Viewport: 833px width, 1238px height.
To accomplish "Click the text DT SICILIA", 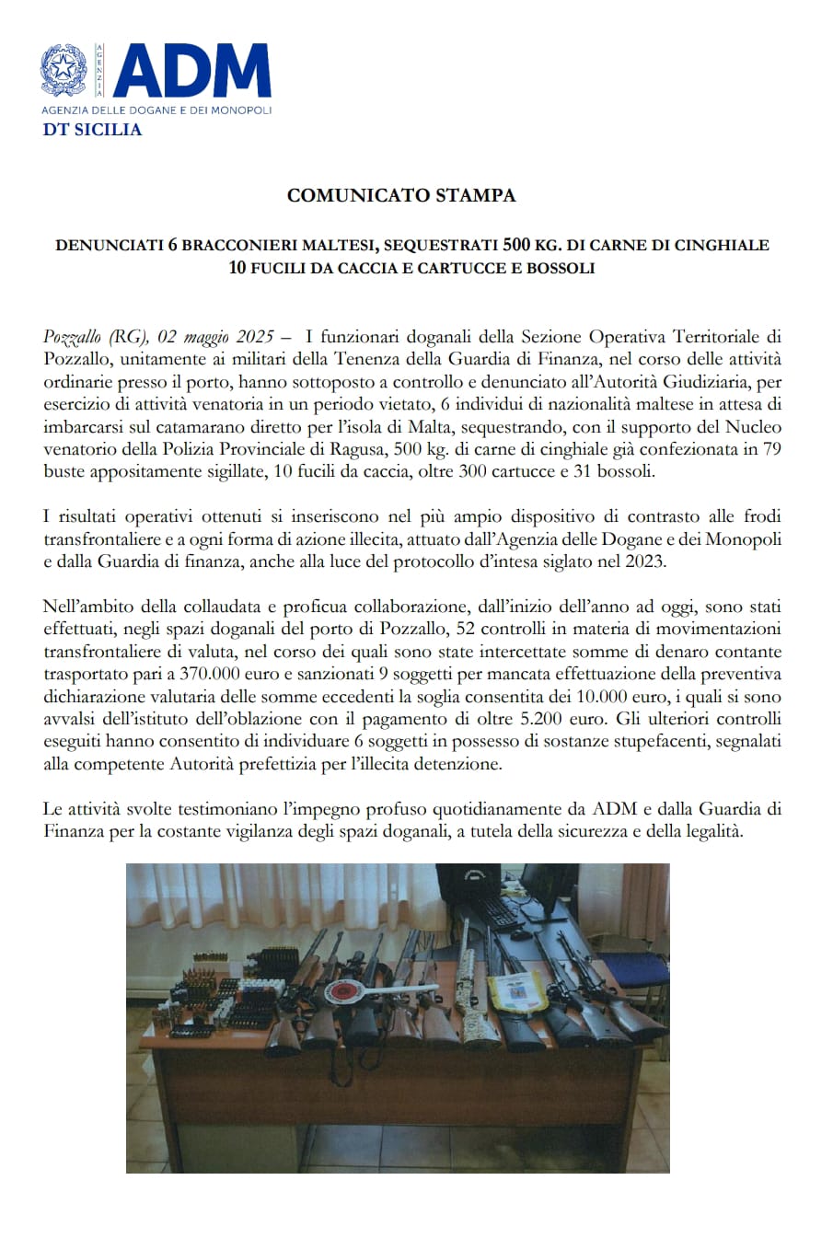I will click(x=92, y=130).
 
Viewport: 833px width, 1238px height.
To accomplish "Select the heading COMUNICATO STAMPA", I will click(x=401, y=195).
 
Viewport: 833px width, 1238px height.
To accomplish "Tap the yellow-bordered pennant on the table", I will click(x=512, y=991).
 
